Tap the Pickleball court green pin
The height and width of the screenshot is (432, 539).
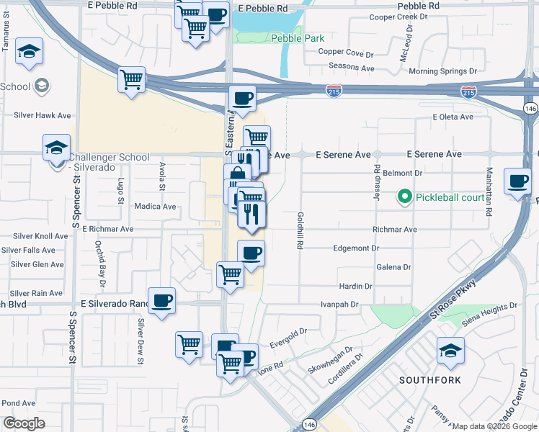pyautogui.click(x=404, y=196)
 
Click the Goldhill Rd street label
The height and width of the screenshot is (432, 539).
pyautogui.click(x=299, y=230)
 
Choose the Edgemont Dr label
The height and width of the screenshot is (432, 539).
pyautogui.click(x=356, y=248)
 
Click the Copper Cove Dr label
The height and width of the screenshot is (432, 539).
pyautogui.click(x=347, y=53)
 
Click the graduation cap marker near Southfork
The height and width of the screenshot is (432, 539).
pyautogui.click(x=450, y=351)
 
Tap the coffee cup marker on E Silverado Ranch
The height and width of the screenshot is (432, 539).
pyautogui.click(x=161, y=301)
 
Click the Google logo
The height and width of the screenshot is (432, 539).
pyautogui.click(x=24, y=423)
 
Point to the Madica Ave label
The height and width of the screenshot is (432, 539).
pyautogui.click(x=155, y=207)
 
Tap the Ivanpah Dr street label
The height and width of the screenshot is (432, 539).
pyautogui.click(x=339, y=305)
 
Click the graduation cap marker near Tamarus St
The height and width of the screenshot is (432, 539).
pyautogui.click(x=30, y=51)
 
